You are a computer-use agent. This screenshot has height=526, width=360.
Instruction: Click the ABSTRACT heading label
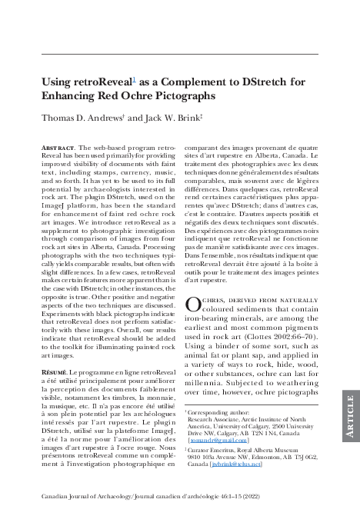coord(58,145)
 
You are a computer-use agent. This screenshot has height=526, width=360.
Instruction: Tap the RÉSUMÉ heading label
coord(56,372)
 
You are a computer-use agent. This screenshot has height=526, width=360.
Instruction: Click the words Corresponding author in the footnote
coord(218,412)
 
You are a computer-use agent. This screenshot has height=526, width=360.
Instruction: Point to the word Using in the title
coord(59,82)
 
